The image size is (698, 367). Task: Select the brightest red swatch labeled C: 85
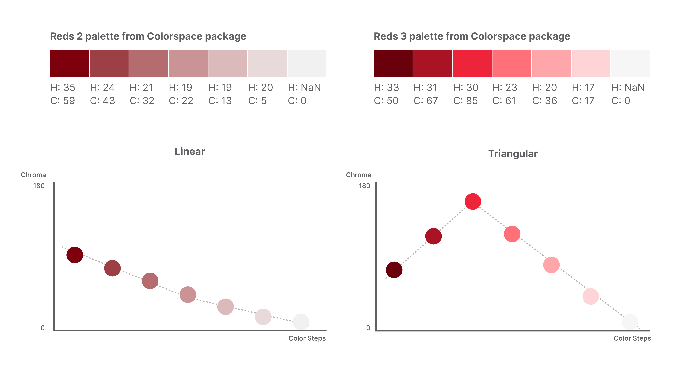[472, 63]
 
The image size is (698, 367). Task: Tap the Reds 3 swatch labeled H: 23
[512, 63]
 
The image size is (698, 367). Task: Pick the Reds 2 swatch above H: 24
[109, 63]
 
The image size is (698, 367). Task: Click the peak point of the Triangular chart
[473, 201]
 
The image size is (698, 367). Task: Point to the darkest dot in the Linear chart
[75, 255]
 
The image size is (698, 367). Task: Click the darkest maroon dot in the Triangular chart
[394, 270]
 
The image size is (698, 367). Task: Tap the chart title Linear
[190, 151]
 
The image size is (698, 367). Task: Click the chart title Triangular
[513, 154]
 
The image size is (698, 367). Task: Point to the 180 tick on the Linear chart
[39, 186]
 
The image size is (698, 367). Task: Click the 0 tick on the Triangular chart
[368, 328]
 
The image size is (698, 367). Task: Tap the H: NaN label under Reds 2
[304, 88]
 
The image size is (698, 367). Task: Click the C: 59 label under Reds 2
[63, 101]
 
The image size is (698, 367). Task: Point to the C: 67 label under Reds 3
[426, 101]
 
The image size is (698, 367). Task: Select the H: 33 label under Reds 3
[386, 88]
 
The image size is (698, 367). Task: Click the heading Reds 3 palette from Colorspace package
[472, 36]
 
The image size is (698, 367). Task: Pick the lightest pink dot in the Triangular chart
[590, 296]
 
